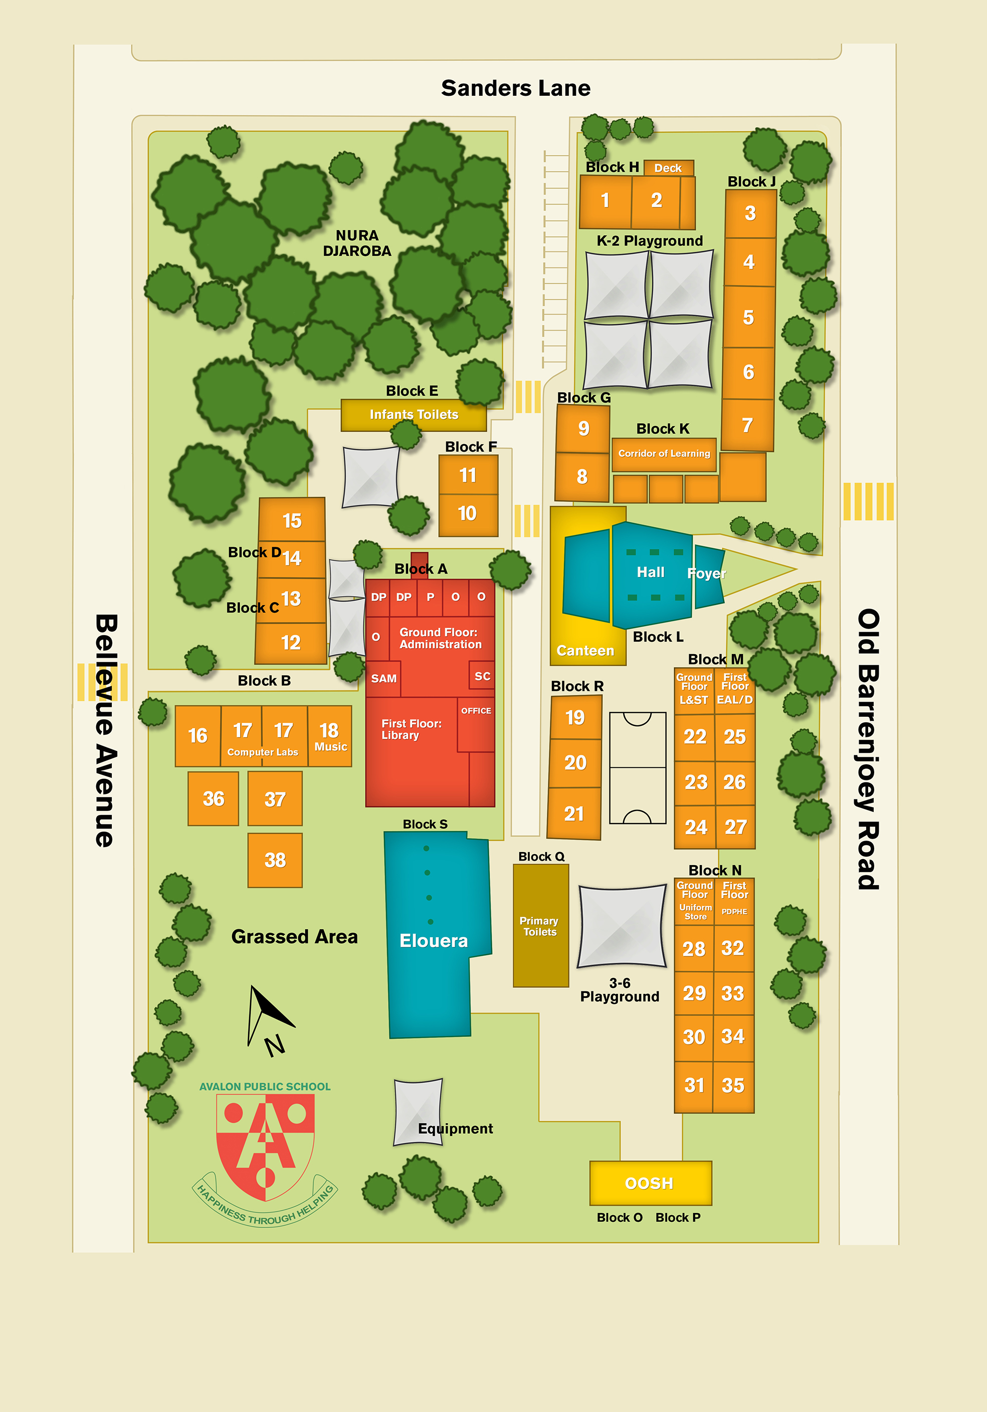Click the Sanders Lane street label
(515, 88)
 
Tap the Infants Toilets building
(413, 415)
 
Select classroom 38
(275, 859)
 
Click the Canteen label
(585, 651)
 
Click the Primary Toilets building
(540, 926)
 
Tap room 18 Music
(330, 736)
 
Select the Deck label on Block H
(668, 168)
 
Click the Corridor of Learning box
(664, 454)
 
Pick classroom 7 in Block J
(747, 425)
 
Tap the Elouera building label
(434, 940)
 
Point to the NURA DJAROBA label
(357, 244)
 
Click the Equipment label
(455, 1128)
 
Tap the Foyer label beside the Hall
(707, 573)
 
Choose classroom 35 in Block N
(733, 1085)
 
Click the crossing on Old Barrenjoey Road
(868, 501)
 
